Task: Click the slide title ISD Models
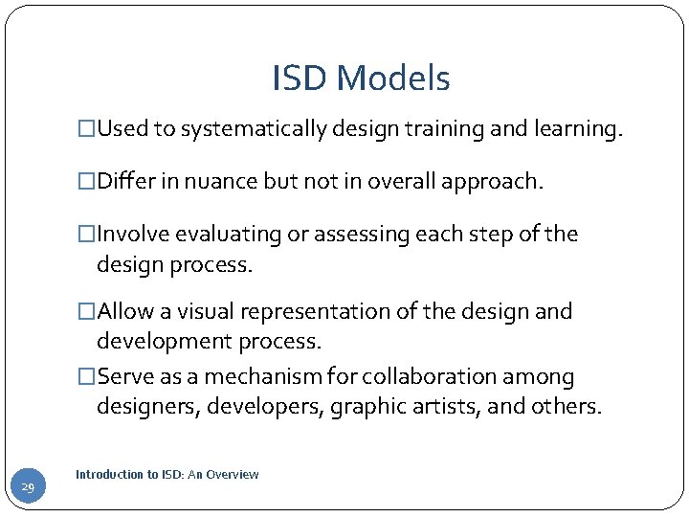point(361,79)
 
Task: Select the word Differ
point(128,182)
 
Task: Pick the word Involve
point(134,235)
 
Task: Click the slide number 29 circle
point(27,488)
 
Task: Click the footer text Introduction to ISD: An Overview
point(167,475)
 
